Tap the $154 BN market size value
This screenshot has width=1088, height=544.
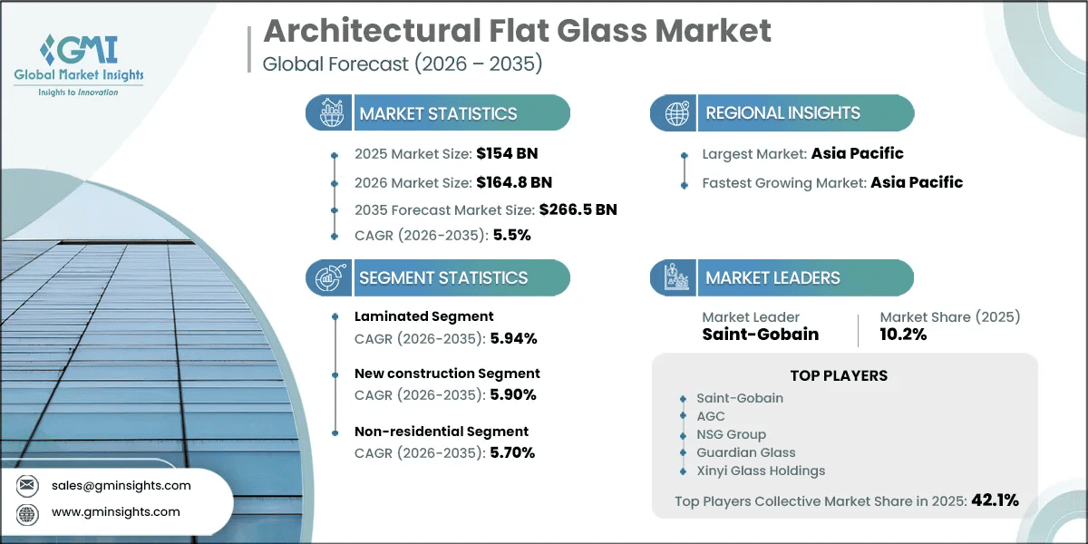[x=507, y=153]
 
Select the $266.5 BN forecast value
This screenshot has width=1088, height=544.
[x=578, y=209]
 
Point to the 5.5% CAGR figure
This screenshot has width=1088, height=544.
[x=512, y=235]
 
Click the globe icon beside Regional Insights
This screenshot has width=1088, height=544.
[x=676, y=113]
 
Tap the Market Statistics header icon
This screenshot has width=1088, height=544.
[x=332, y=112]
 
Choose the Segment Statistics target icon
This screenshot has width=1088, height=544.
[x=331, y=277]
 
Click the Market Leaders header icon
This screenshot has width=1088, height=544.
[x=676, y=277]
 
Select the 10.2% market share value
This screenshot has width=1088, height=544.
[x=903, y=335]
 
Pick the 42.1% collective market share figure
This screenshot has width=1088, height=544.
[x=995, y=500]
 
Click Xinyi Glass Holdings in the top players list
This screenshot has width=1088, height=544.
[x=761, y=471]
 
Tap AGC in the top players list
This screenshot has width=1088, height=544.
[x=711, y=416]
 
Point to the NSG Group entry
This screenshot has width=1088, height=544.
[x=731, y=434]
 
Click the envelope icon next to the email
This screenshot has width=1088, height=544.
[x=27, y=485]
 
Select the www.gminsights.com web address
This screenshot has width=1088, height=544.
[x=116, y=512]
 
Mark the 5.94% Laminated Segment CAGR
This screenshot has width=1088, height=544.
[x=513, y=338]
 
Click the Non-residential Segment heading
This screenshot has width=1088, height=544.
[x=441, y=432]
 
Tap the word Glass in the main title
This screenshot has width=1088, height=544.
[x=602, y=31]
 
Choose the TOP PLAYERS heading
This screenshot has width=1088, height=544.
[x=839, y=375]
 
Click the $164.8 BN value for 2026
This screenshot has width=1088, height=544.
[x=514, y=182]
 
